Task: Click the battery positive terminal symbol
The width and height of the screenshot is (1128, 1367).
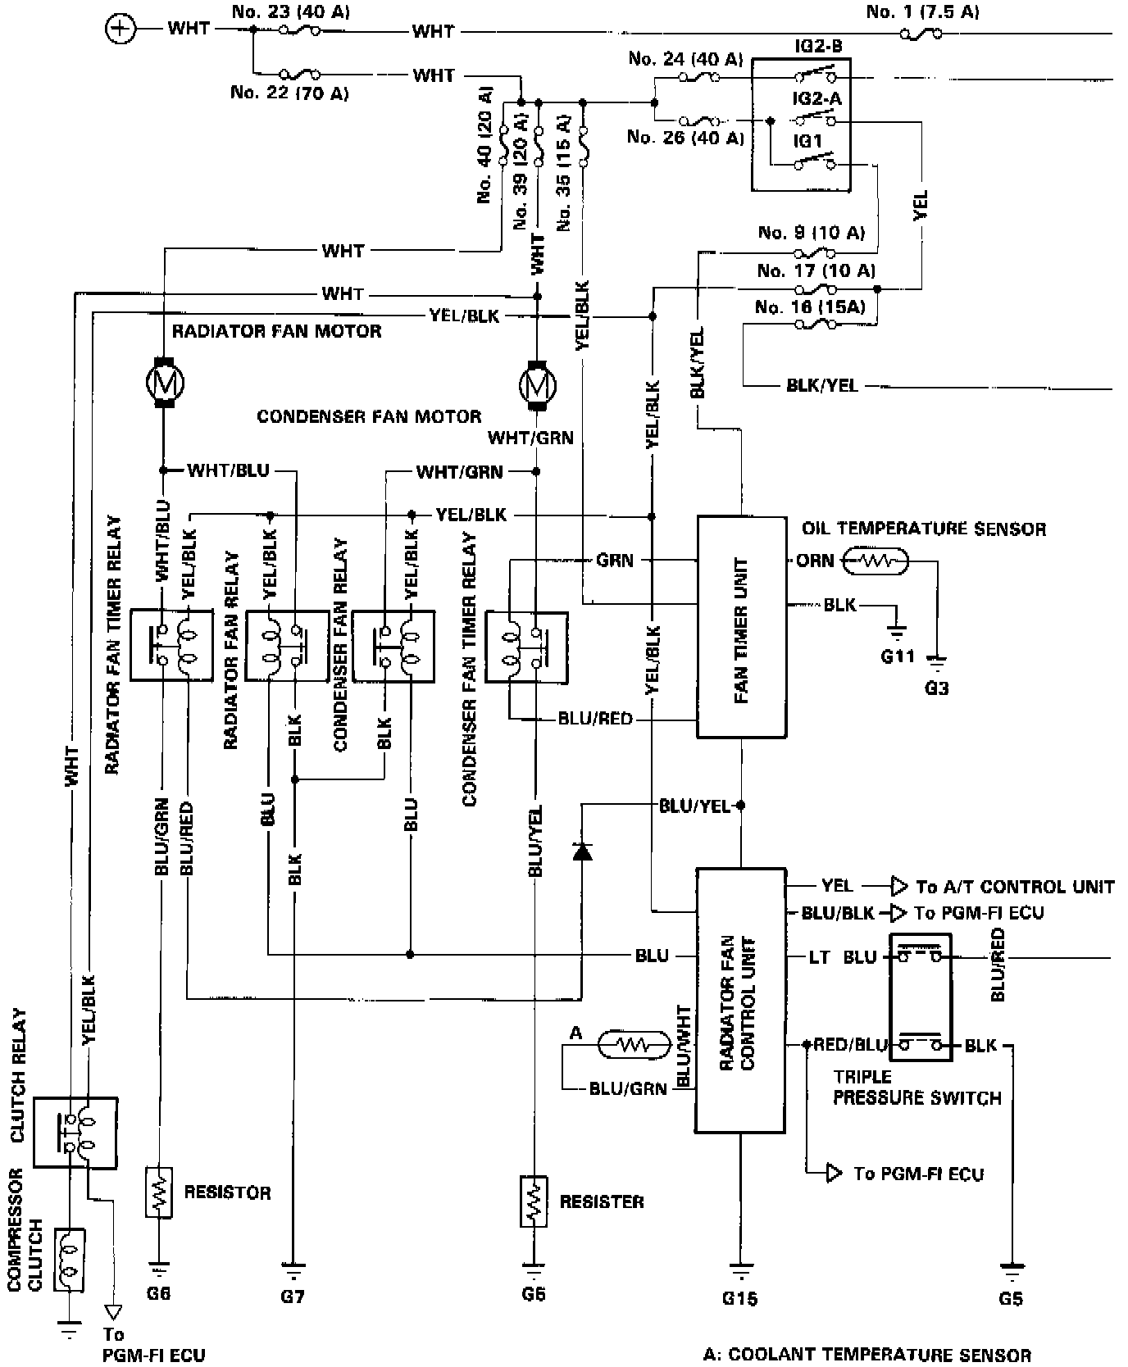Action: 121,30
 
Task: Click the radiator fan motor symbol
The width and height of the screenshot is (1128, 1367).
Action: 165,382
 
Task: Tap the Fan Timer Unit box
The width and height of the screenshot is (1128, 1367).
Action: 741,627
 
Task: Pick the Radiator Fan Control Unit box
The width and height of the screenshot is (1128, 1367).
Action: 741,1001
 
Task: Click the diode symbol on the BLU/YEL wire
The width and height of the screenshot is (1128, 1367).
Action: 583,852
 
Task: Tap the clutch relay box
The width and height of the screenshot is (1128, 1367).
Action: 75,1132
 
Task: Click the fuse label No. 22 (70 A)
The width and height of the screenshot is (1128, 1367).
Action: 289,93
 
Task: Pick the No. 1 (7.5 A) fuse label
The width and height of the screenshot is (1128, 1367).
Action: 922,11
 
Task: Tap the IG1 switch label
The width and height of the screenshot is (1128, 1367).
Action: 807,141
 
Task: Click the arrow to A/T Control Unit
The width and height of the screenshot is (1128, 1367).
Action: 899,886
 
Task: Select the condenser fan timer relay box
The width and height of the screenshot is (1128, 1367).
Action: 525,647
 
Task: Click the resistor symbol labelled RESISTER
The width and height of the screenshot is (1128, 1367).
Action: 533,1201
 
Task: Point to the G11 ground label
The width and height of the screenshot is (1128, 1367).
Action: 897,656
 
